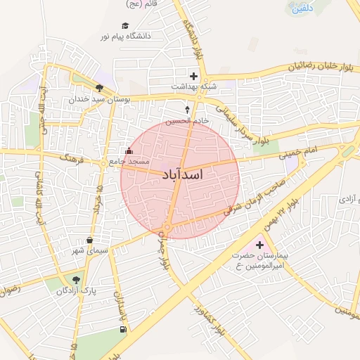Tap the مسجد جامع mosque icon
(128, 151)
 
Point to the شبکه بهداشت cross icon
(193, 75)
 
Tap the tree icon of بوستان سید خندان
(99, 89)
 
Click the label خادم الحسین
(187, 121)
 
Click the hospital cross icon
(260, 245)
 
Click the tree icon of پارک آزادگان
(76, 279)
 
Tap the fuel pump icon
(124, 329)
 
